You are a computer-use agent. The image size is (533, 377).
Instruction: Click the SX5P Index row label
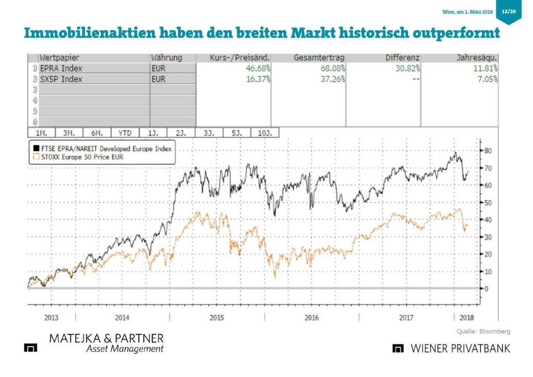(61, 79)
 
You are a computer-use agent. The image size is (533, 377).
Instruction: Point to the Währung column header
(166, 57)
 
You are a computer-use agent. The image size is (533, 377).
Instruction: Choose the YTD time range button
(124, 133)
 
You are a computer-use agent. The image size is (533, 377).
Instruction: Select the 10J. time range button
(265, 133)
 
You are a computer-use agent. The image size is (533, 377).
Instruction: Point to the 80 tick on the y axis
(488, 151)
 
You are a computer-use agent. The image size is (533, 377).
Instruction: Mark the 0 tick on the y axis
(486, 288)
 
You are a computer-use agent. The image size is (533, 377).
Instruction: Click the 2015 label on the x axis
(217, 318)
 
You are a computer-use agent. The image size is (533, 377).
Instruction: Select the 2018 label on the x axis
(467, 318)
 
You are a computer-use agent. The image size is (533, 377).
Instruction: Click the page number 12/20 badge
(509, 11)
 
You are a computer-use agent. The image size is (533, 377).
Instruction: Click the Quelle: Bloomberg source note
(484, 331)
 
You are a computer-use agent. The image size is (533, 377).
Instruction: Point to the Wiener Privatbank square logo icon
(398, 348)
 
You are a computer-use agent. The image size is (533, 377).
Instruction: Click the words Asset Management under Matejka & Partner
(124, 349)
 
